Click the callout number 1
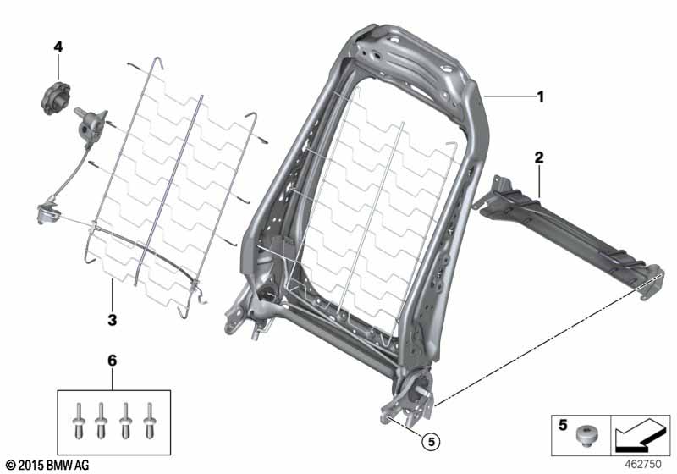click(540, 97)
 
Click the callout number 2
click(539, 157)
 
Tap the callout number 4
click(58, 47)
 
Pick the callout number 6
click(113, 361)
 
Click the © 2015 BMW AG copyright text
click(47, 465)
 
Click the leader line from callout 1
click(508, 97)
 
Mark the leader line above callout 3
click(112, 296)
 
